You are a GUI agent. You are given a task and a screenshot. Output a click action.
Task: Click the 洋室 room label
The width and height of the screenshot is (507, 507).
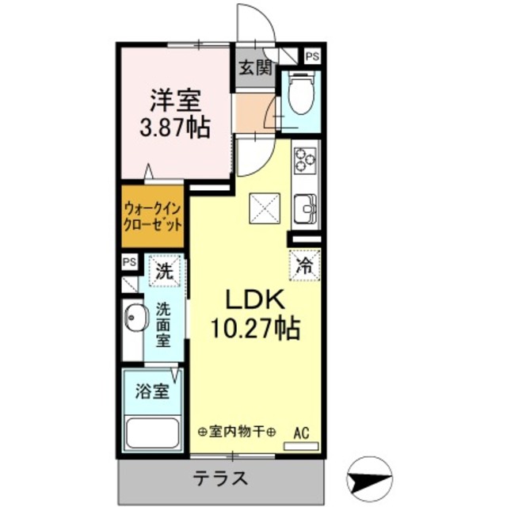176,101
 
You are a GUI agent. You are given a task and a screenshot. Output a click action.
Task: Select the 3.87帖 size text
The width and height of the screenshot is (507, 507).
176,128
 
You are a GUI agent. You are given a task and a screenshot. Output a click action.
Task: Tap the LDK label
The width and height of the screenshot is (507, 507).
254,300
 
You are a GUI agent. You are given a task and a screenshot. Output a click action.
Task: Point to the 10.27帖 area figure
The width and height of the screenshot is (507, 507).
254,328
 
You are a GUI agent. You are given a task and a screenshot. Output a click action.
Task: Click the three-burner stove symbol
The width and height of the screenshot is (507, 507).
304,160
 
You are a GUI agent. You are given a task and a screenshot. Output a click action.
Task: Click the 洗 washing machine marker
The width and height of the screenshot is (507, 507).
165,270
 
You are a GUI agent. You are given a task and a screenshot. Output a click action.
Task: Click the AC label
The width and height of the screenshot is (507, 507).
301,433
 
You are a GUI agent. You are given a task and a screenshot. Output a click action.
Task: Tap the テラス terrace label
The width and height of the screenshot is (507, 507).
223,478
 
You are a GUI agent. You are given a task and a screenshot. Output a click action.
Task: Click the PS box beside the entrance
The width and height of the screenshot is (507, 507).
313,57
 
